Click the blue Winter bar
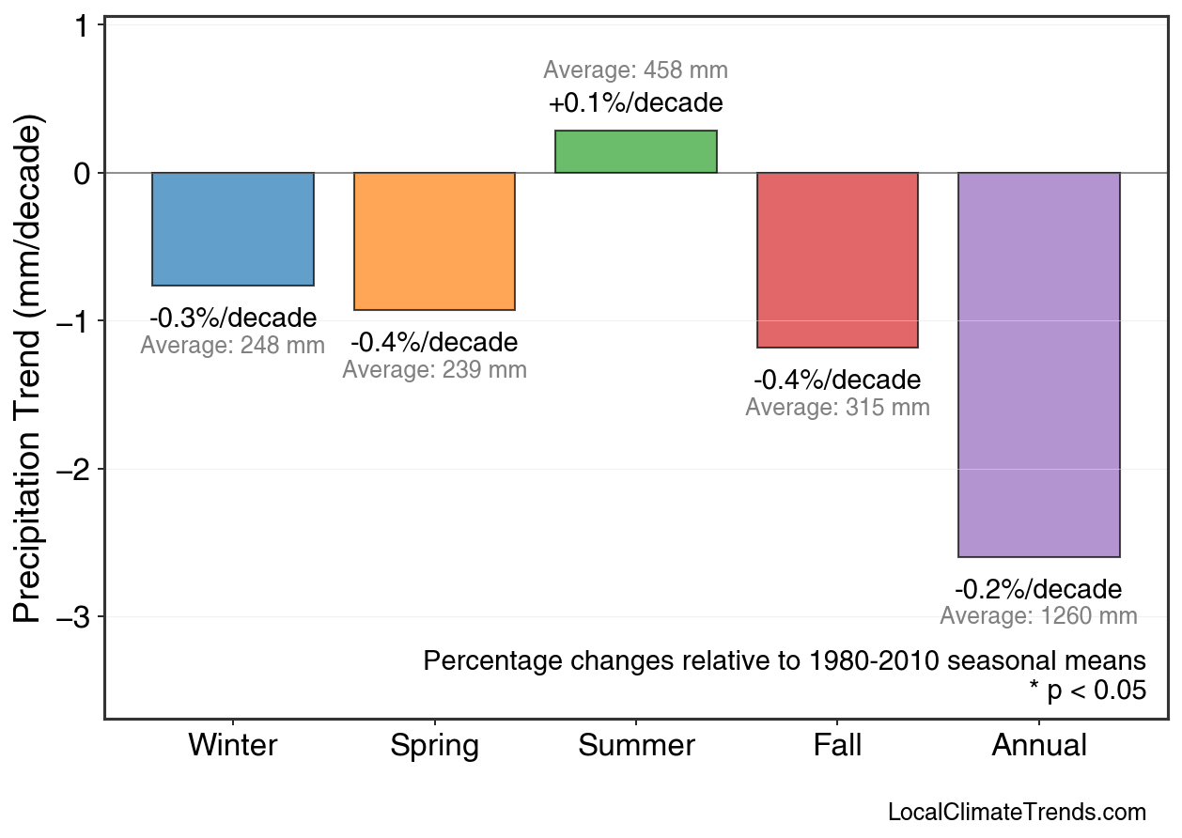233,229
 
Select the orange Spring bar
434,241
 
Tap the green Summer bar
636,152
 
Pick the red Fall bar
837,260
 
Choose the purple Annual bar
1038,365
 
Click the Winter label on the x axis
233,746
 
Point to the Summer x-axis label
636,746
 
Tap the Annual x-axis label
1039,746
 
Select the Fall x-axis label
837,746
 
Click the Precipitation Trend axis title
29,370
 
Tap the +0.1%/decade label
636,102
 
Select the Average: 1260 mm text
1038,616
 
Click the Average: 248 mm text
233,346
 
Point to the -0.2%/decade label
1038,590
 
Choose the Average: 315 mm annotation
837,408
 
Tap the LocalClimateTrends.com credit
1017,813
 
